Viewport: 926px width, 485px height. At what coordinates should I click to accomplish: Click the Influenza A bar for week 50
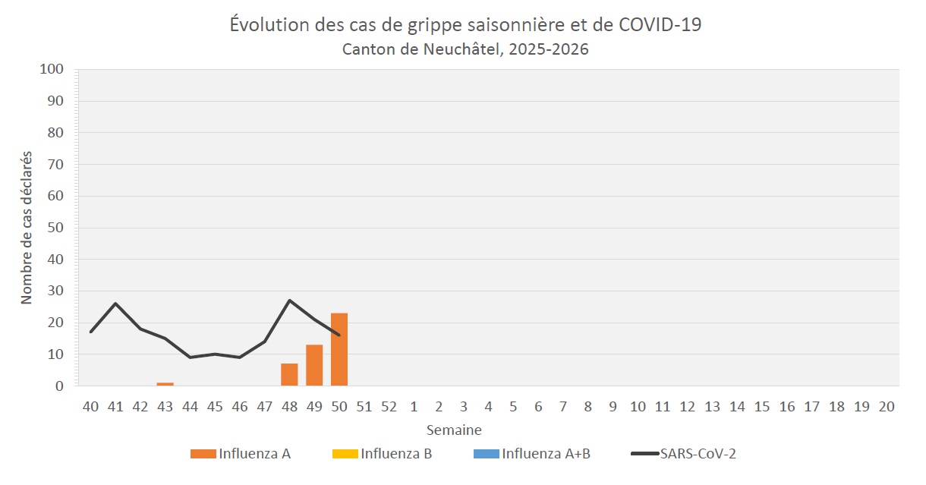tap(339, 350)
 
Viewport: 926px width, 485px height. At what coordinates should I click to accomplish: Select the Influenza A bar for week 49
tap(314, 366)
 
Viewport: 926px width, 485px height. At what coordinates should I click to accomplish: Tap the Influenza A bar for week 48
tap(289, 375)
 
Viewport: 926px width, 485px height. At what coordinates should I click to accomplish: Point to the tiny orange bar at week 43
tap(165, 384)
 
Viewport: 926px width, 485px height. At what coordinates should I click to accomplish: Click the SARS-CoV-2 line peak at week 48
tap(289, 301)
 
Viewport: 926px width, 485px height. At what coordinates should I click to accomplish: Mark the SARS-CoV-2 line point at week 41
tap(115, 304)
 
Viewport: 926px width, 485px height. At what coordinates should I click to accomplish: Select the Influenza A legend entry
tap(241, 454)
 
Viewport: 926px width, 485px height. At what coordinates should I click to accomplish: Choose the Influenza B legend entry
tap(382, 454)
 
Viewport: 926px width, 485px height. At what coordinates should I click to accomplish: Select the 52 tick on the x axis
tap(389, 407)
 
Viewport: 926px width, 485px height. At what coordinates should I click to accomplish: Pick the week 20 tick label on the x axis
tap(886, 407)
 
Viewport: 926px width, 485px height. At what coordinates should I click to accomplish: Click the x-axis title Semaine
tap(454, 430)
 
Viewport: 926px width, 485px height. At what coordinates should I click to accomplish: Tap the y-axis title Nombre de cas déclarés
tap(27, 228)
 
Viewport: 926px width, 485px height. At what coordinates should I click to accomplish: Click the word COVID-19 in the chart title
tap(660, 24)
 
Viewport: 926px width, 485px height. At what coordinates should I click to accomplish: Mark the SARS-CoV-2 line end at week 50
tap(339, 335)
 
